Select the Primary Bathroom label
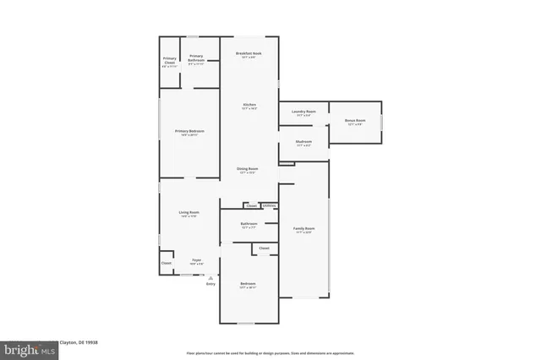(195, 57)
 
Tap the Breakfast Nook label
(249, 53)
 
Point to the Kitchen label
(249, 105)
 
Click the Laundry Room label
(303, 112)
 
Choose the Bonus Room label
(355, 121)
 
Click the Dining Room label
(247, 169)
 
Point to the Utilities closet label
(269, 205)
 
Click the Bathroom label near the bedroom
(249, 224)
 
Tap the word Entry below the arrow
(210, 284)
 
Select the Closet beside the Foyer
(166, 263)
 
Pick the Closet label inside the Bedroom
(264, 248)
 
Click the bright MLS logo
(25, 348)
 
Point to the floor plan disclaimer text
(270, 352)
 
